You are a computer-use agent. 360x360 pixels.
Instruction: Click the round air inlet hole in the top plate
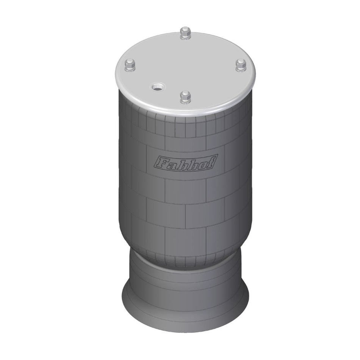pos(157,88)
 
